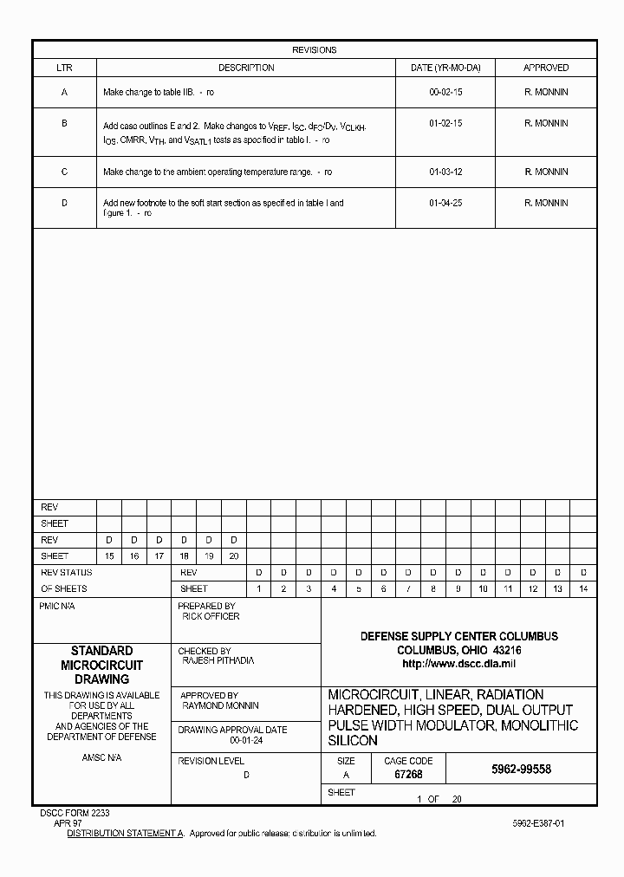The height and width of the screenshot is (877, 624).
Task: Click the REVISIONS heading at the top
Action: [x=314, y=50]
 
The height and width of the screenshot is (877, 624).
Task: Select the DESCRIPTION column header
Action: [x=246, y=68]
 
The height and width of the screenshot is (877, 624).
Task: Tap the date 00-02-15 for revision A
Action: [x=445, y=92]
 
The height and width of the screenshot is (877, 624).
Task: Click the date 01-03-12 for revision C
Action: [x=445, y=172]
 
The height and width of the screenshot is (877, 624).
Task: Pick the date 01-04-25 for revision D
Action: [x=445, y=203]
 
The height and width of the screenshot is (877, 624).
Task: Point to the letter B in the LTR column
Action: [x=64, y=123]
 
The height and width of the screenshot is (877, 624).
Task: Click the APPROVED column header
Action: [x=546, y=68]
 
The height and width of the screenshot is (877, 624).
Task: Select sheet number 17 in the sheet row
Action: [x=159, y=556]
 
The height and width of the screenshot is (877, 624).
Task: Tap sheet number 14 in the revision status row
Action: [x=582, y=589]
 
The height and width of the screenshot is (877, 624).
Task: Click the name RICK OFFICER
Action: [x=211, y=616]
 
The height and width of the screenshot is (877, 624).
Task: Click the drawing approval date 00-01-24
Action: [x=245, y=741]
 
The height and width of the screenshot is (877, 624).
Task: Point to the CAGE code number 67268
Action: [x=408, y=775]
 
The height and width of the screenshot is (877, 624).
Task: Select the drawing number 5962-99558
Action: [x=521, y=769]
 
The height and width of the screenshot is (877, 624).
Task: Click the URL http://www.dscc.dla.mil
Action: [x=458, y=663]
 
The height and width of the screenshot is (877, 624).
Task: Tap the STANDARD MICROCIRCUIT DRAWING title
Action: [x=101, y=665]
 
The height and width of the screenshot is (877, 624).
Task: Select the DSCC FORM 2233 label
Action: [x=75, y=813]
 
